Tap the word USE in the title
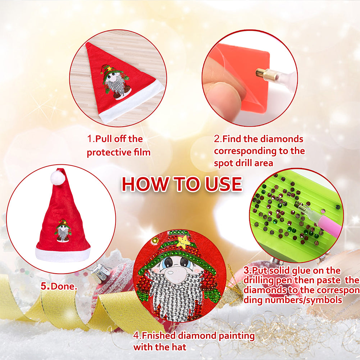(223, 184)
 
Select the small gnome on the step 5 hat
(63, 230)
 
